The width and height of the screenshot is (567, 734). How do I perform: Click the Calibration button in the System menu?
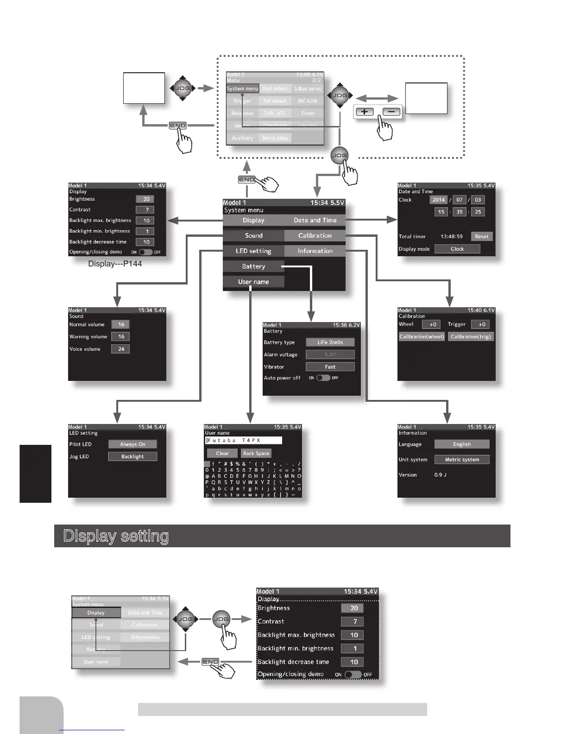[x=315, y=235]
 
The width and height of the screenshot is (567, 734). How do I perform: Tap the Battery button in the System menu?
[x=253, y=266]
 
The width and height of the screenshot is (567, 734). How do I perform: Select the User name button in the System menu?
[x=253, y=282]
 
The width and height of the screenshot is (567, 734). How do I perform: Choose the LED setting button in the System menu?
[x=253, y=251]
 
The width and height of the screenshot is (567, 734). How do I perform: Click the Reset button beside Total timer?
[x=481, y=236]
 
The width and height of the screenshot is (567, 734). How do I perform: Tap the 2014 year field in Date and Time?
[x=438, y=200]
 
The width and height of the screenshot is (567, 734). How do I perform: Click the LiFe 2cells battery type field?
[x=330, y=342]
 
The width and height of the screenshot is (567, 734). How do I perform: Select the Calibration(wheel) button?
[x=422, y=337]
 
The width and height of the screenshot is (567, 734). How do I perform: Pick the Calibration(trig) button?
[x=470, y=337]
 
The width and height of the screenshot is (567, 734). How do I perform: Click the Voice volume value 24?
[x=121, y=349]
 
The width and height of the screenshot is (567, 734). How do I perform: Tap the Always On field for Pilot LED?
[x=132, y=444]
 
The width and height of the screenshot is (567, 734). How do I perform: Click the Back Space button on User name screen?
[x=256, y=454]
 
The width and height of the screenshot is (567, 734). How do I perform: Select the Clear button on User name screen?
[x=222, y=454]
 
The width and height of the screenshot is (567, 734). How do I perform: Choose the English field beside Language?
[x=461, y=444]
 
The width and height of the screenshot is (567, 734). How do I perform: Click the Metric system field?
[x=461, y=460]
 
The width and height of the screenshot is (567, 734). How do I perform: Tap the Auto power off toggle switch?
[x=323, y=378]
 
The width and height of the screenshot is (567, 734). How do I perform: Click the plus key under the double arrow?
[x=365, y=112]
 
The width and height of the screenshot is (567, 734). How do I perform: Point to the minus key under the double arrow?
[x=391, y=112]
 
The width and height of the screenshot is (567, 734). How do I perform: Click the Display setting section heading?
[x=116, y=536]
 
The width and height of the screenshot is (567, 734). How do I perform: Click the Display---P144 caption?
[x=115, y=264]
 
